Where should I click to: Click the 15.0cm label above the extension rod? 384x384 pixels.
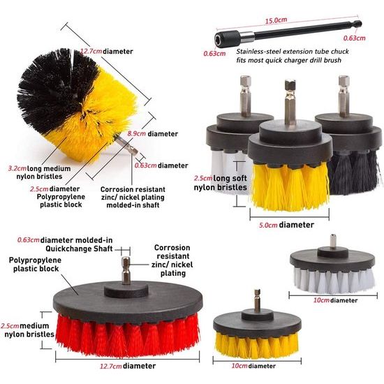point(276,20)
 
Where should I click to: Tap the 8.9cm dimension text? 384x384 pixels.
point(136,134)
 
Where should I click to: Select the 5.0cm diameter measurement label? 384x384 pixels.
point(268,225)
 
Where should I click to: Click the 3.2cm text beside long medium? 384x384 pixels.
point(17,168)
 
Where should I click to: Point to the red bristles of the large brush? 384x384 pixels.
point(127,336)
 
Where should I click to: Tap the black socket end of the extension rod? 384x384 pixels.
point(227,39)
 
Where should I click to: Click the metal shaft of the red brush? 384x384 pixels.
point(126,270)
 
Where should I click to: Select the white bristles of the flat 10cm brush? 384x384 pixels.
point(334,281)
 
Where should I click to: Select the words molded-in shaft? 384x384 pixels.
point(133,205)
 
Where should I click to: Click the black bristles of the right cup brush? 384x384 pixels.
point(354,172)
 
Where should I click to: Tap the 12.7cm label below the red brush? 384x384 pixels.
point(111,366)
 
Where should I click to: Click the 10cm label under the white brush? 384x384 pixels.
point(321,300)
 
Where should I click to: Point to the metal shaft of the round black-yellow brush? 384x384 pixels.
point(126,145)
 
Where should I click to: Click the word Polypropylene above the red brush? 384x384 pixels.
point(35,260)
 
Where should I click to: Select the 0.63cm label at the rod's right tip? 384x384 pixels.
point(354,38)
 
